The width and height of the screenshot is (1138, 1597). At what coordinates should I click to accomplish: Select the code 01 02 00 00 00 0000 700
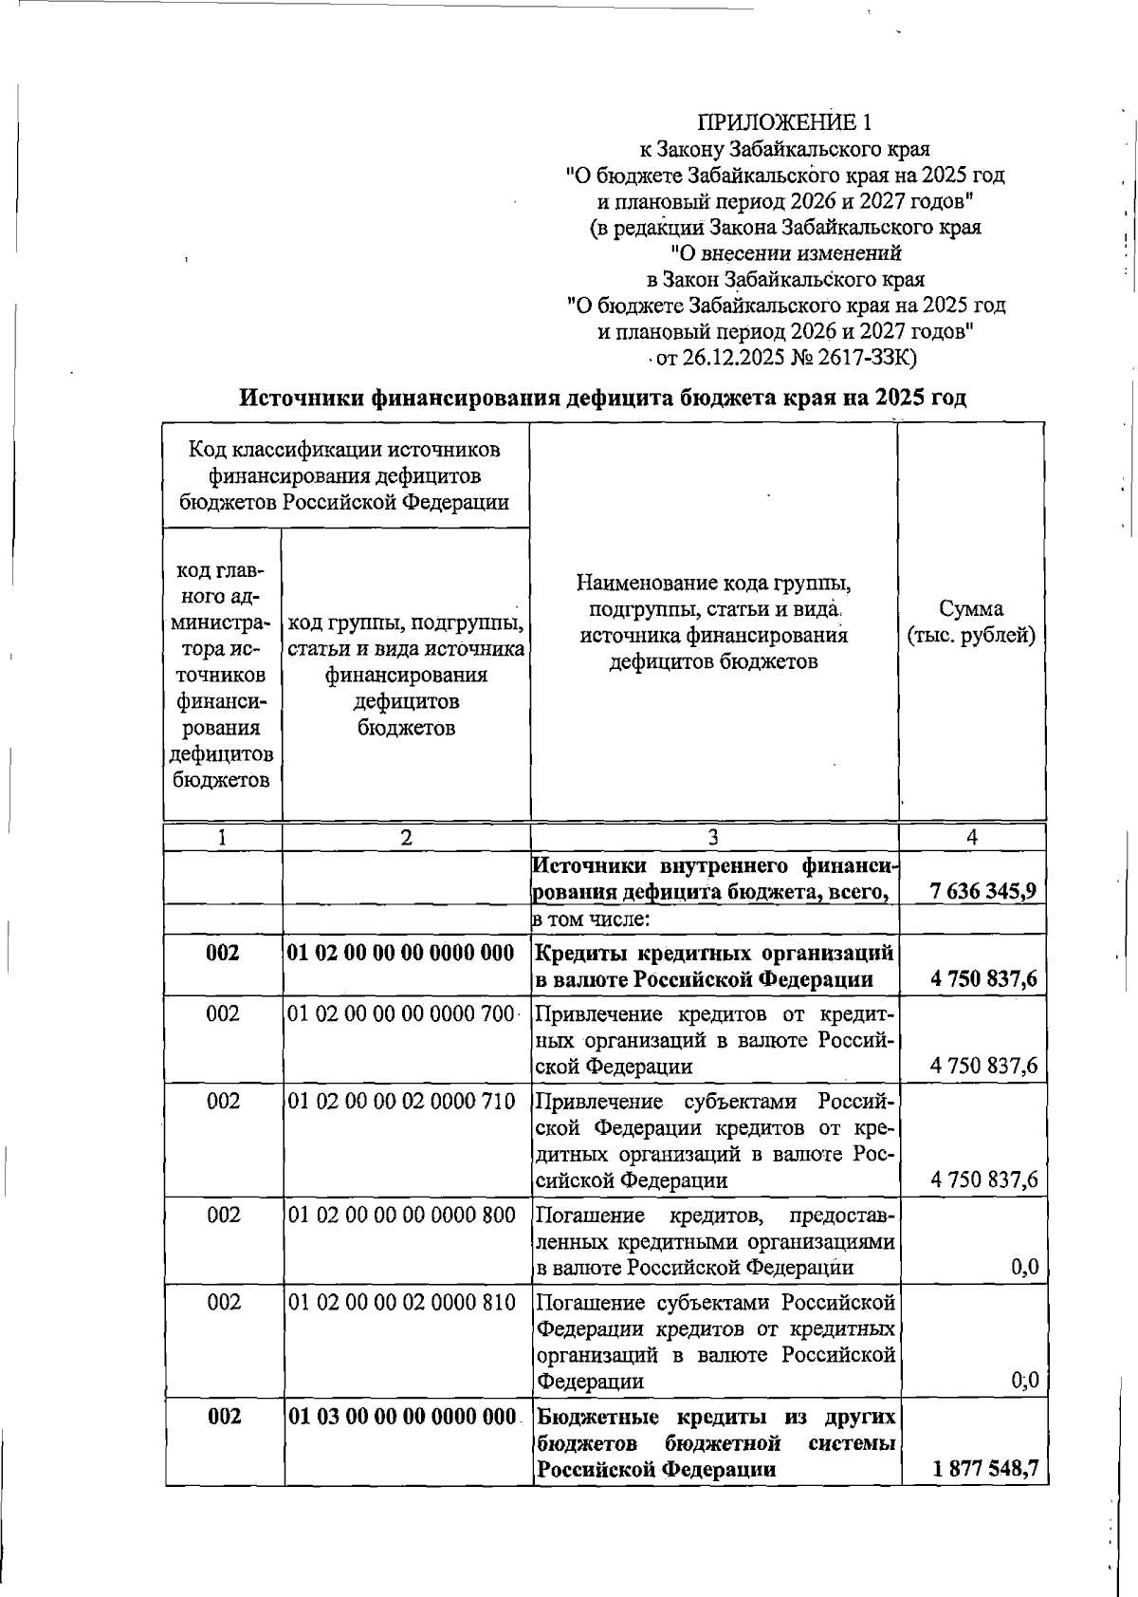(x=400, y=1013)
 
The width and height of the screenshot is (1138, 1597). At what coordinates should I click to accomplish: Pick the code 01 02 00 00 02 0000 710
(x=400, y=1101)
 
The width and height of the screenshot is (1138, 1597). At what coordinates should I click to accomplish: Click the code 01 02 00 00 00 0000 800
(x=400, y=1216)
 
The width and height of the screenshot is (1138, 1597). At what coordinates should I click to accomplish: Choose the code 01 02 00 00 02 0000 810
(x=400, y=1302)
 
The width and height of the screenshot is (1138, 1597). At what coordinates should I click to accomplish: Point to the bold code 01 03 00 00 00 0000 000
(x=400, y=1417)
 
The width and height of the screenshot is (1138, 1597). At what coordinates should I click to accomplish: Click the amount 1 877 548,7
(x=985, y=1469)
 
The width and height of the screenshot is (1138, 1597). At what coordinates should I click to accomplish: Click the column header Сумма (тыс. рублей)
(x=971, y=622)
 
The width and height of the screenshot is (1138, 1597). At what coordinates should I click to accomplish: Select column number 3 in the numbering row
(x=713, y=837)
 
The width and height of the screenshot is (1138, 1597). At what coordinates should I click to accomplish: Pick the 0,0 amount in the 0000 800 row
(x=1024, y=1267)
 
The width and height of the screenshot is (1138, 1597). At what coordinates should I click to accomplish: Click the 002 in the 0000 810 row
(x=224, y=1302)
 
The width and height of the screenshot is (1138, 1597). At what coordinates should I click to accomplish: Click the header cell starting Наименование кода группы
(x=713, y=622)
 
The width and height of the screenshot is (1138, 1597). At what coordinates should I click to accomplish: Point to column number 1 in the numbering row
(x=222, y=837)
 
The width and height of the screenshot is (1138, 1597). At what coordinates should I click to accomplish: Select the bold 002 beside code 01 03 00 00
(x=223, y=1417)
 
